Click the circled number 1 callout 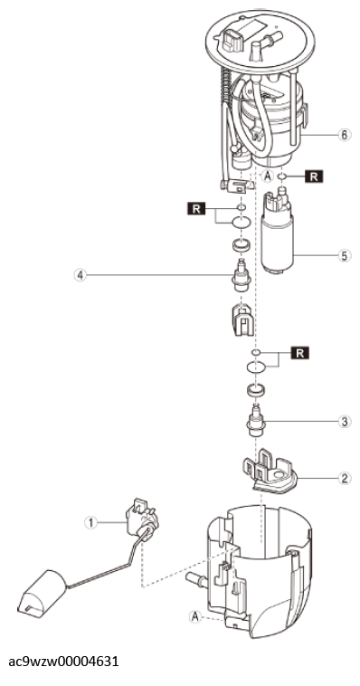coord(91,522)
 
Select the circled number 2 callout coord(345,478)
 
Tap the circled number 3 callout coord(345,422)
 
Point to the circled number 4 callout coord(80,275)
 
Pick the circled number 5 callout coord(345,255)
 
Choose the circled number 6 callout coord(345,135)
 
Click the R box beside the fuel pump coord(314,176)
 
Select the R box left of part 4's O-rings coord(196,209)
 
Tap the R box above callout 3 coord(299,353)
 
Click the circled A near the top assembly coord(267,176)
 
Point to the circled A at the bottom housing coord(195,617)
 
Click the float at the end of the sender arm coord(42,594)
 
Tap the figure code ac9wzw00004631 coord(63,661)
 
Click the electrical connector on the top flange coord(232,40)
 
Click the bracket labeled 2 coord(270,472)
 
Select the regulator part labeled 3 coord(254,421)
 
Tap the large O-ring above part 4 coord(242,223)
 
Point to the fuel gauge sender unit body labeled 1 coord(141,519)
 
